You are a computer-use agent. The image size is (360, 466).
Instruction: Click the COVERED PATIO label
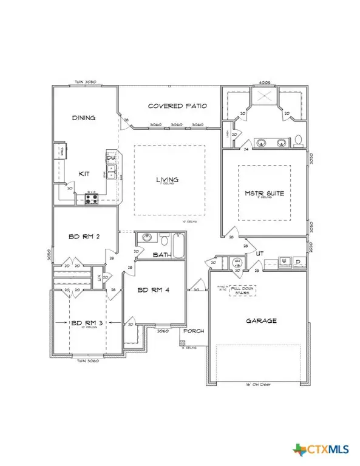pos(177,106)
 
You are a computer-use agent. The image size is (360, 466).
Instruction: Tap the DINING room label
pos(84,118)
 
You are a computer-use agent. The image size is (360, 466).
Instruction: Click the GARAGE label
pos(261,321)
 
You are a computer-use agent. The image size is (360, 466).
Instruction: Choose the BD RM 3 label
pos(85,323)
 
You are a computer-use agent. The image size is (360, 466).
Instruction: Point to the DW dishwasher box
pos(111,159)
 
